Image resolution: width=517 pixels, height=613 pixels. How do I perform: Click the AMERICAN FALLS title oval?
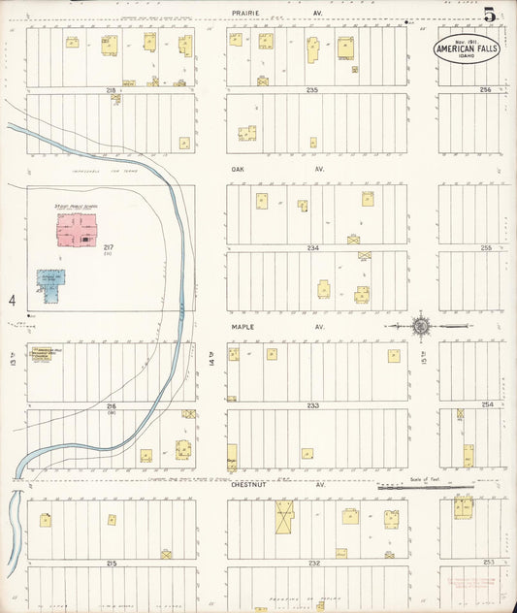pyautogui.click(x=467, y=49)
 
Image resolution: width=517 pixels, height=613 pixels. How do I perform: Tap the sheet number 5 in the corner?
pyautogui.click(x=491, y=15)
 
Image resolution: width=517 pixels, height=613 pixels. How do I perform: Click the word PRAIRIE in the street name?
pyautogui.click(x=247, y=14)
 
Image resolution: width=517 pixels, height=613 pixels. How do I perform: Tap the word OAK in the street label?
pyautogui.click(x=238, y=169)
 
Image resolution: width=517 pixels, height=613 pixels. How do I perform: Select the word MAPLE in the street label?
pyautogui.click(x=242, y=327)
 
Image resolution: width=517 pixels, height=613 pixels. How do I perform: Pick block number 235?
pyautogui.click(x=311, y=89)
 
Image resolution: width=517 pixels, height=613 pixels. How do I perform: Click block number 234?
pyautogui.click(x=312, y=248)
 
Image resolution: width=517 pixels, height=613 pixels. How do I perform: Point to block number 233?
pyautogui.click(x=312, y=404)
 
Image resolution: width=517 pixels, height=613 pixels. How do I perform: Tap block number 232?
pyautogui.click(x=313, y=563)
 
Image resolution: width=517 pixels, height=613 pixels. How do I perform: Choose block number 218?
pyautogui.click(x=112, y=89)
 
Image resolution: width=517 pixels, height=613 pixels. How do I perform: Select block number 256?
pyautogui.click(x=486, y=89)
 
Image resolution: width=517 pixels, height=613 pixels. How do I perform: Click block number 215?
pyautogui.click(x=112, y=563)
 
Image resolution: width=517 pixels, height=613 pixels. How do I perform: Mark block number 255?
pyautogui.click(x=486, y=248)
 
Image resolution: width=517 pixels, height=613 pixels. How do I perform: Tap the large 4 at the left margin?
pyautogui.click(x=14, y=301)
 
